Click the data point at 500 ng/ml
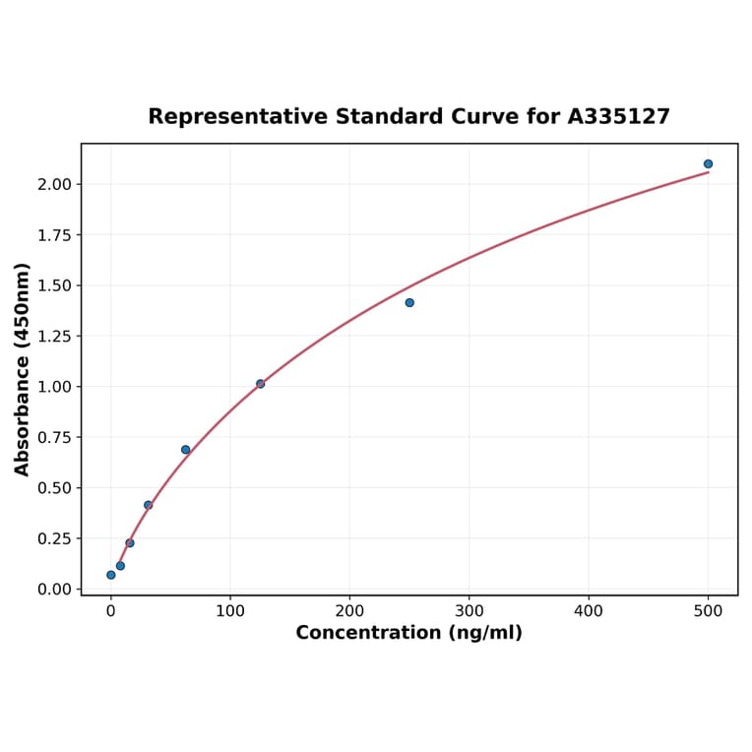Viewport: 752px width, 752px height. click(708, 164)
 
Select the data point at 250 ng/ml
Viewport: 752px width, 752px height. click(409, 302)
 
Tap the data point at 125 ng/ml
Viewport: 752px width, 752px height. click(260, 384)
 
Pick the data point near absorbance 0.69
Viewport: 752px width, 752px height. click(185, 450)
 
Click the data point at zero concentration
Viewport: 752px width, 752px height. click(111, 575)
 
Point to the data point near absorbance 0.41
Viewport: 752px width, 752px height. click(149, 505)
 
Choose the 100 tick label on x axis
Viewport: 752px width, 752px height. click(230, 610)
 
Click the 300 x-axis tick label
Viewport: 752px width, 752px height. click(470, 610)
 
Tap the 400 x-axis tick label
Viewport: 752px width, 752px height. click(589, 610)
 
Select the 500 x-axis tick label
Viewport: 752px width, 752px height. click(708, 610)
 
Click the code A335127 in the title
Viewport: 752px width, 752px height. click(618, 117)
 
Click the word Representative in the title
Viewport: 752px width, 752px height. click(237, 117)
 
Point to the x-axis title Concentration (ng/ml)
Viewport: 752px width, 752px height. click(408, 633)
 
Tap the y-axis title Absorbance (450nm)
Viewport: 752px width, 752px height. click(23, 369)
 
